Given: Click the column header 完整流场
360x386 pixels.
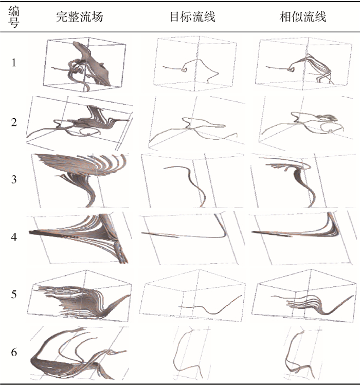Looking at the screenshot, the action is (x=79, y=17).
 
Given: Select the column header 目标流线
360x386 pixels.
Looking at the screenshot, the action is (x=192, y=17).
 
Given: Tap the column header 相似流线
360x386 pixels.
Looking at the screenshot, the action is (x=303, y=17).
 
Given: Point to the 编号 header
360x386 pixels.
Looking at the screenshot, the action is (x=14, y=17).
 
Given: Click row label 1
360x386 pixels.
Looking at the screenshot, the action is (x=14, y=63).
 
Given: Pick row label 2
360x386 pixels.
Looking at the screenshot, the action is (x=14, y=122).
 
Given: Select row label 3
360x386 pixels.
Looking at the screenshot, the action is (x=14, y=179).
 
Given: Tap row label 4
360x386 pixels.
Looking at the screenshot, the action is (x=14, y=237).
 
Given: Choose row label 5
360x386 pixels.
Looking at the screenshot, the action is (x=14, y=294).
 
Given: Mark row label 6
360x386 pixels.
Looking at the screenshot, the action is (x=14, y=352).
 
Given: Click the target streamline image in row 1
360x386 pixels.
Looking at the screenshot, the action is (x=195, y=64).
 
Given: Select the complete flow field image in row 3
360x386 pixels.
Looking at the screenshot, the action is (x=80, y=180).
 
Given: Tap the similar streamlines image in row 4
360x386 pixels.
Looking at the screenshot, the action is (x=302, y=238).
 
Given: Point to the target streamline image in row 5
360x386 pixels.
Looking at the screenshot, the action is (x=192, y=296).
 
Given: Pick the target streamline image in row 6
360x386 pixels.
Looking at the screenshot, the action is (x=192, y=354).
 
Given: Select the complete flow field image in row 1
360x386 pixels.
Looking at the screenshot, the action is (x=85, y=64).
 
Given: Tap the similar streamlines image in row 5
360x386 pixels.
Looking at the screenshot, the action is (x=304, y=296).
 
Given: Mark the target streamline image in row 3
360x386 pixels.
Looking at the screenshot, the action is (x=192, y=180).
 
